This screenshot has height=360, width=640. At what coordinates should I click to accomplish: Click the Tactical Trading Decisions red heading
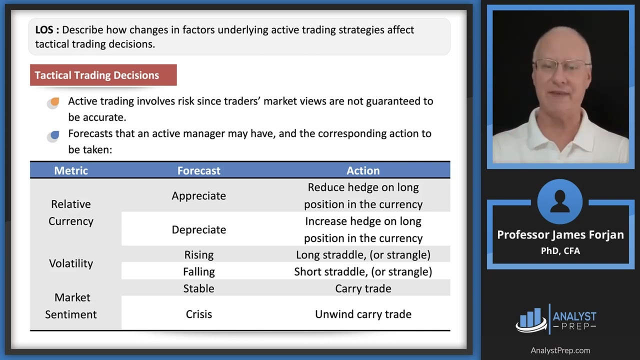(97, 75)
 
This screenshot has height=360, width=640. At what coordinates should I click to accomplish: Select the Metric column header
(71, 170)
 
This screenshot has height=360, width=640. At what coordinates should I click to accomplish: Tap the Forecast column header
(198, 170)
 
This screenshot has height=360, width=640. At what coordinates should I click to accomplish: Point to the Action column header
(363, 170)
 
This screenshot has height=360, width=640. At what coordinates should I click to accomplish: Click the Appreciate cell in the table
(198, 196)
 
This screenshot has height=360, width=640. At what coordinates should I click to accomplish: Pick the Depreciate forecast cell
(198, 229)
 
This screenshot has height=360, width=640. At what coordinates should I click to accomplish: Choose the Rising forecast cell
(198, 255)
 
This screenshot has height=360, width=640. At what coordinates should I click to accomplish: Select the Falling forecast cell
(198, 272)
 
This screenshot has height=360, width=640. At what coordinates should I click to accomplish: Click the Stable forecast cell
(198, 289)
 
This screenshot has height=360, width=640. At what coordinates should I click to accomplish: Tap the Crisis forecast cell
(198, 314)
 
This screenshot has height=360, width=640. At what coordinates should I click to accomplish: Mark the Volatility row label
(71, 263)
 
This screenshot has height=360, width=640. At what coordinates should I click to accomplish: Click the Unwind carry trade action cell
(363, 314)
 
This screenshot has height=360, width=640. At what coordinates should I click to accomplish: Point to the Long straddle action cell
(363, 255)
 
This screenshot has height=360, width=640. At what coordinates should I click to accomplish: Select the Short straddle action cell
(363, 272)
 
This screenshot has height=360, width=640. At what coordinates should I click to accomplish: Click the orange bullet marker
(54, 102)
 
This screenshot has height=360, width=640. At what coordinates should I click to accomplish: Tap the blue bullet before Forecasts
(54, 135)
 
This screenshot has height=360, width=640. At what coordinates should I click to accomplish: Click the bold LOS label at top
(47, 30)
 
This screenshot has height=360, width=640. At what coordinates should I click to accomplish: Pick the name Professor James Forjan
(560, 235)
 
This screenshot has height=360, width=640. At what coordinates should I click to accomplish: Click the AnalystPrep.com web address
(560, 350)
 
